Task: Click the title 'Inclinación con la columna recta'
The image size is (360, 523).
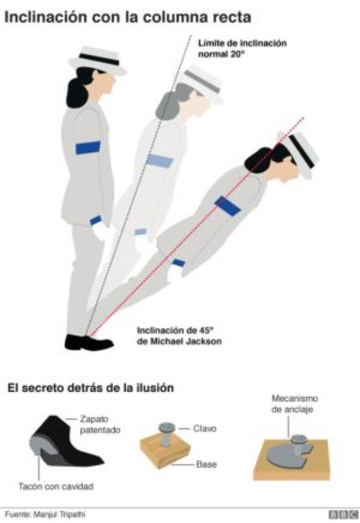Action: point(128,17)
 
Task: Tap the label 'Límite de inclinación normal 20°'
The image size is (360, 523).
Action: point(243,48)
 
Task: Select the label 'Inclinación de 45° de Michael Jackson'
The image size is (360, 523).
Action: point(179,336)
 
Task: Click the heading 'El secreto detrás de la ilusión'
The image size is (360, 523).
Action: point(91,388)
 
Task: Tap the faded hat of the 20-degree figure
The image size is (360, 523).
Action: point(202,84)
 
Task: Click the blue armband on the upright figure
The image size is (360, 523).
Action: point(88,147)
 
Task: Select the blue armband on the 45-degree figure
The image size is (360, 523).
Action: point(228,206)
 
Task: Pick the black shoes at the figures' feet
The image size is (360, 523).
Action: point(89,342)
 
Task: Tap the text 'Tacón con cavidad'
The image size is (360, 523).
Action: point(56,486)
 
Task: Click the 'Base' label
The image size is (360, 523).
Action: point(207,464)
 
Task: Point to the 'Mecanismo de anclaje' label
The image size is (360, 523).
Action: point(295,403)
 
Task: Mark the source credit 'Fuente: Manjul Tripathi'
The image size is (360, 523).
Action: point(45,514)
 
